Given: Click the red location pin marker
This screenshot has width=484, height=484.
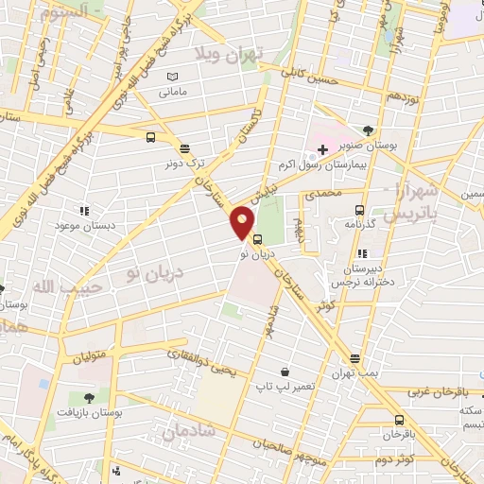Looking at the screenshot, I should [243, 222].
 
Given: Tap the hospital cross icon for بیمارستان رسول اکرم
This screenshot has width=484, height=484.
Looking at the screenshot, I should [323, 150].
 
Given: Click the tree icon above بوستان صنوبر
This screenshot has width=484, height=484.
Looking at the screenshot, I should [368, 131].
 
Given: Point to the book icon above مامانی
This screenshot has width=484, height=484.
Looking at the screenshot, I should [171, 77].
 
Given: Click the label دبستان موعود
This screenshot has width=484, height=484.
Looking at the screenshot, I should [80, 227].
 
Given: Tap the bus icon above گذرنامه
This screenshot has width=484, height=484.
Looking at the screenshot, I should [358, 210].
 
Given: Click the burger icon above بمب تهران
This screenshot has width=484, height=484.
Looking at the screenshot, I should [354, 357].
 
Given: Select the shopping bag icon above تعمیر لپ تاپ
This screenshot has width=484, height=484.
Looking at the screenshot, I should [285, 372].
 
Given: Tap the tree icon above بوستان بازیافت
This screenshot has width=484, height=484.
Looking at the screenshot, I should [88, 398].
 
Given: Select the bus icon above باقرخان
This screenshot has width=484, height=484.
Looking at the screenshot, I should [398, 420].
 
